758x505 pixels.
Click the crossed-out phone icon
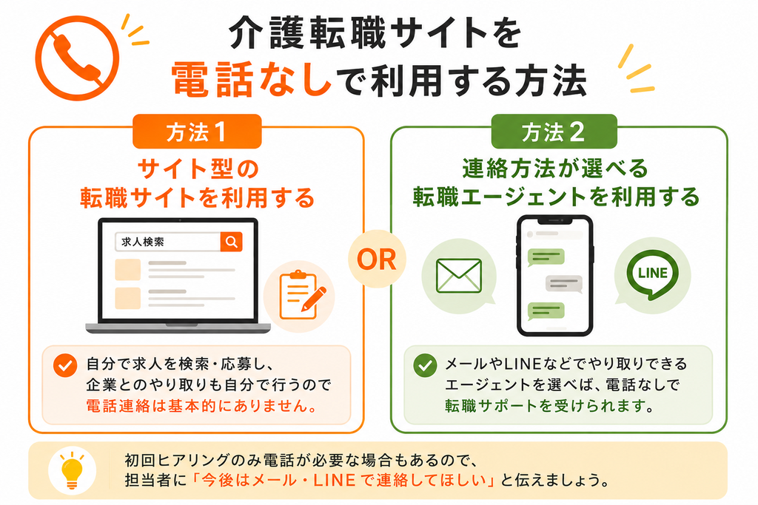[x=77, y=58]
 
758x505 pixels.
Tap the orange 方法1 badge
[x=197, y=132]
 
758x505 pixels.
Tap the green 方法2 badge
[x=554, y=132]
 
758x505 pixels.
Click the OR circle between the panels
[x=377, y=260]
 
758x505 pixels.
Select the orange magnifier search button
[x=231, y=241]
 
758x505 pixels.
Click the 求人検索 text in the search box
[x=143, y=242]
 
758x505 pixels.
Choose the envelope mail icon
[x=459, y=276]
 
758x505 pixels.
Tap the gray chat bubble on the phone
[x=563, y=283]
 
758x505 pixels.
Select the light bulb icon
[x=72, y=471]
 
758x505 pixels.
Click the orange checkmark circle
[x=65, y=365]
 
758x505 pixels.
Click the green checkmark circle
[x=426, y=365]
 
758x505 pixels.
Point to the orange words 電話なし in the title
[x=252, y=79]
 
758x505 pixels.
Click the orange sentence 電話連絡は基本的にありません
[x=201, y=406]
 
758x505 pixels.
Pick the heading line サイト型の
[x=198, y=169]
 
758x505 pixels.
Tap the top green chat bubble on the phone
[x=546, y=257]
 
